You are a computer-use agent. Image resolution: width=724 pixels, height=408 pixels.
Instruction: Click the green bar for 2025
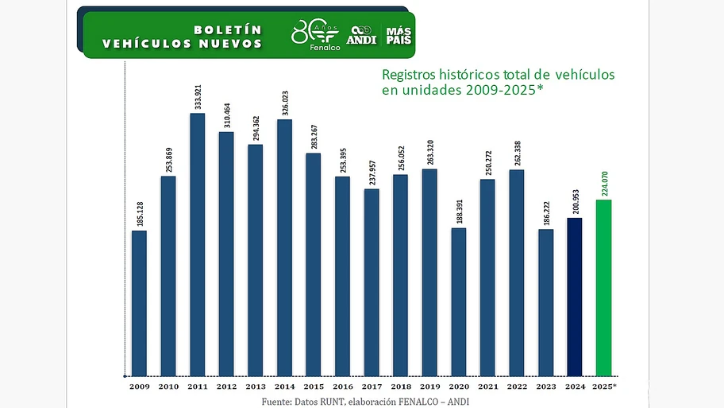[x=604, y=286]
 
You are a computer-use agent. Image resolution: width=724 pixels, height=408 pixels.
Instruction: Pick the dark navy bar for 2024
[x=575, y=295]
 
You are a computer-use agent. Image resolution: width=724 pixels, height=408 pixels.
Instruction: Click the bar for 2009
[x=139, y=302]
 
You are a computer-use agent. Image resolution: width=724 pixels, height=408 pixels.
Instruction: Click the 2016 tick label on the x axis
[x=342, y=386]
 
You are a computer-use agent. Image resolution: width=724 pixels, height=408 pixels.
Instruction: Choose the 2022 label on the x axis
[x=517, y=386]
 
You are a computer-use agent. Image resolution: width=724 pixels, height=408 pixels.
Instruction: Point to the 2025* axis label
[x=605, y=386]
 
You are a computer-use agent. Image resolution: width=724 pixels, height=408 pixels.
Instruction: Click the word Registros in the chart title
[x=410, y=75]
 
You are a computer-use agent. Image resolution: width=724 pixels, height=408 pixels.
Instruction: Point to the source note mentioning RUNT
[x=366, y=401]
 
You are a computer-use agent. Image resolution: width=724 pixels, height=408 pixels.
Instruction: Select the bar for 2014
[x=284, y=247]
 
